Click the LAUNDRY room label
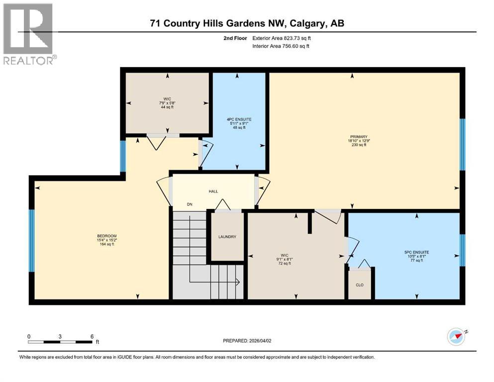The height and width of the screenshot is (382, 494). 227,237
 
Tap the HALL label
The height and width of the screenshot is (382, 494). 213,191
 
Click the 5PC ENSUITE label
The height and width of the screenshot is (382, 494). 416,252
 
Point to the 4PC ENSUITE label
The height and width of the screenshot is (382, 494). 238,119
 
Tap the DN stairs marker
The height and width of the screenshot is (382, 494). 190,204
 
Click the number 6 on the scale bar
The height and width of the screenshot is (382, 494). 92,336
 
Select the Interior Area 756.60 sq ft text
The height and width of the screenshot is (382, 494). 283,46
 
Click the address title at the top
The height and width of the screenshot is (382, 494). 247,23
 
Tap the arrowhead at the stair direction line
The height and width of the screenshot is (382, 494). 238,282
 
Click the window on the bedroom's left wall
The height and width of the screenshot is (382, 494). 32,240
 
